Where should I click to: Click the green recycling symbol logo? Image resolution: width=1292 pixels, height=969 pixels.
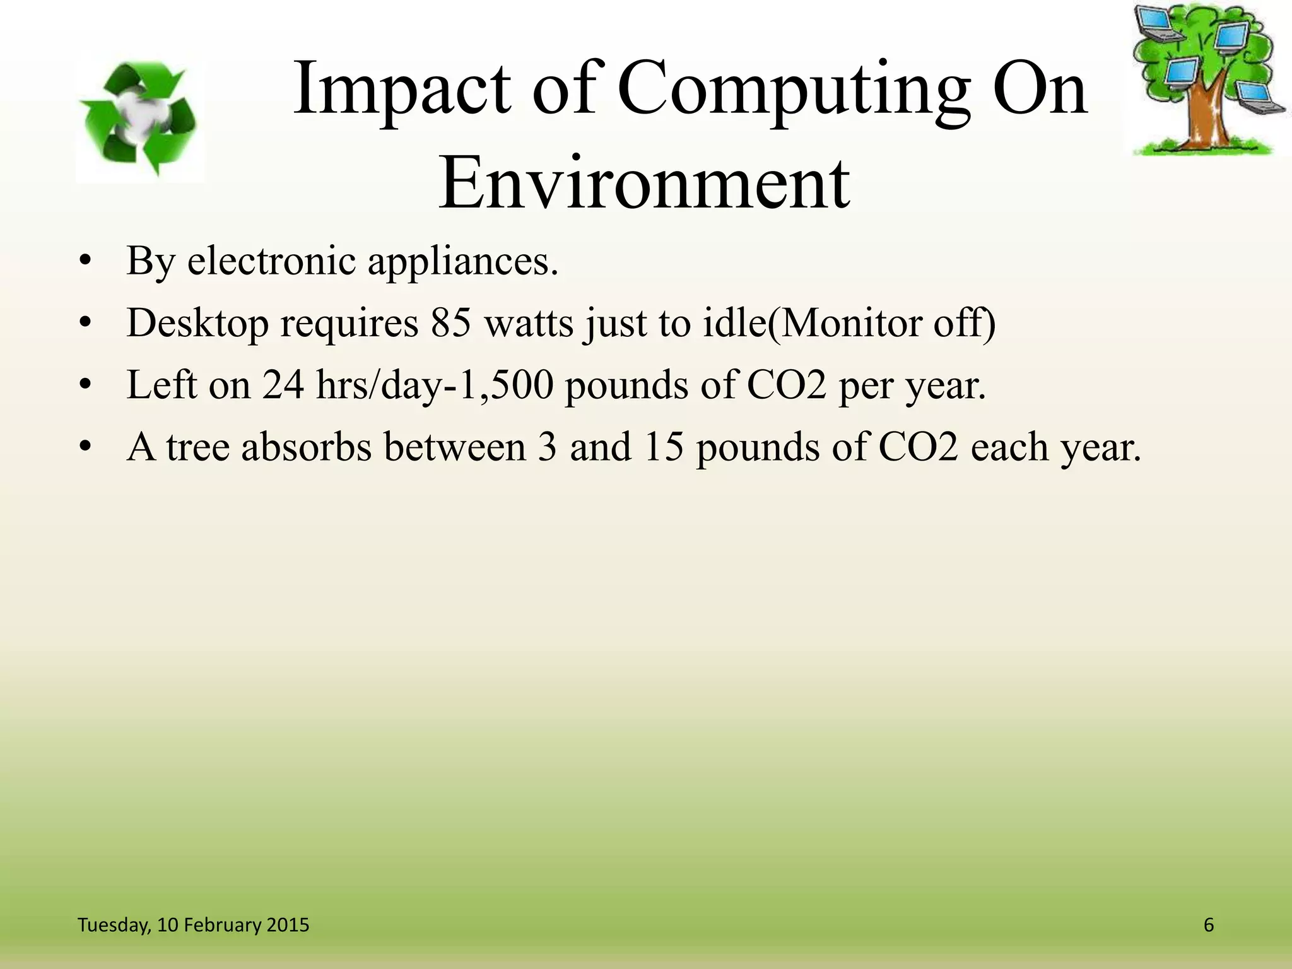(140, 119)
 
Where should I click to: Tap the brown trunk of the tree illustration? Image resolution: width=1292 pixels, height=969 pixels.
(1206, 117)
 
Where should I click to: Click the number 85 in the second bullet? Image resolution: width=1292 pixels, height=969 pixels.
(451, 322)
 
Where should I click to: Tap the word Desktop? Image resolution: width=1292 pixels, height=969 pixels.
(197, 324)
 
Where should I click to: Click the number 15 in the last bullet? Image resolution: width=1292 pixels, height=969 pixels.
(664, 447)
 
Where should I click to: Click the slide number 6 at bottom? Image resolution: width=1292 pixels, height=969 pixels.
(1209, 925)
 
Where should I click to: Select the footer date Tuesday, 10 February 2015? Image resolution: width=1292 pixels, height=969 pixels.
(193, 925)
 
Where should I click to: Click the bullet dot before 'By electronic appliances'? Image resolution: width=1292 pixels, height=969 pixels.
(86, 262)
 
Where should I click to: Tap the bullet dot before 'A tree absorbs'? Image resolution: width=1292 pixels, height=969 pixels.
(86, 447)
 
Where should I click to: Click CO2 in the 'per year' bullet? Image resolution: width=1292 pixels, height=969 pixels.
(786, 385)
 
